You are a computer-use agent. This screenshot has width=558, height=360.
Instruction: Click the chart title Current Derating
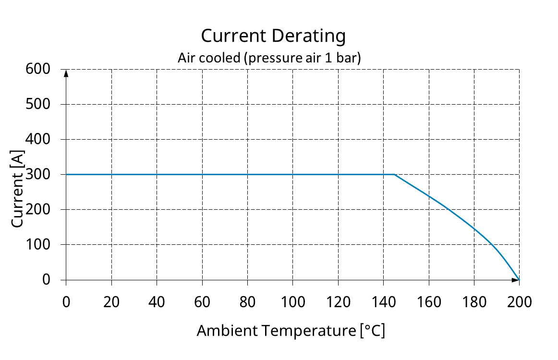click(273, 36)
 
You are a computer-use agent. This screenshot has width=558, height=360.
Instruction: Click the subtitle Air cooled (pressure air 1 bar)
click(269, 58)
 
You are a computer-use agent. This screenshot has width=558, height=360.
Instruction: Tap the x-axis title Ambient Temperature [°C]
click(291, 331)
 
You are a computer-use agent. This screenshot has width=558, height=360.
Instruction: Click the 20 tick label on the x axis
click(111, 302)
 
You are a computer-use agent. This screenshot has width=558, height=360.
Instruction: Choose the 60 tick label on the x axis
click(202, 302)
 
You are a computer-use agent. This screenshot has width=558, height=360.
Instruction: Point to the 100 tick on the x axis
click(293, 302)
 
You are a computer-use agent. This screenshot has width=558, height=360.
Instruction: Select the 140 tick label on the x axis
click(384, 302)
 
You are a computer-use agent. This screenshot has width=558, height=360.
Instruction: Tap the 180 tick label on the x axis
click(474, 302)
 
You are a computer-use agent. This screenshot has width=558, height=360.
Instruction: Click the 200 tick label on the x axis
click(520, 302)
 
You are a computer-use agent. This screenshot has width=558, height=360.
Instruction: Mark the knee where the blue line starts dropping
click(395, 174)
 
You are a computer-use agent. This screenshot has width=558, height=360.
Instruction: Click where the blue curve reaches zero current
click(519, 279)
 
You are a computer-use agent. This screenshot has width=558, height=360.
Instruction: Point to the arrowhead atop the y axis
click(66, 73)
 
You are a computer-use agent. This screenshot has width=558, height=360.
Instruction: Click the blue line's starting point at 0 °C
click(66, 174)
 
